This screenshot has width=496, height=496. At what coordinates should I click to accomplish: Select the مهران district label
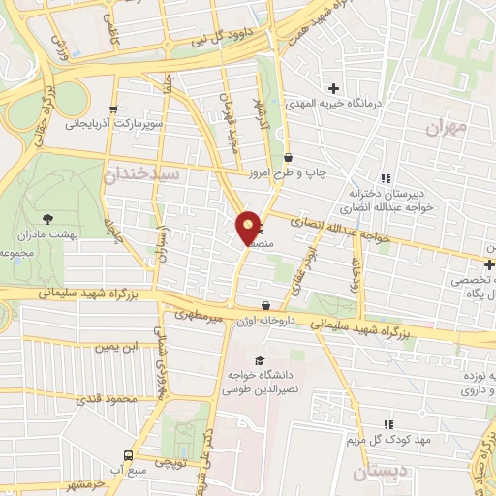point(448,127)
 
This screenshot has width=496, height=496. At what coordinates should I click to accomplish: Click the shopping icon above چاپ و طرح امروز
point(288,158)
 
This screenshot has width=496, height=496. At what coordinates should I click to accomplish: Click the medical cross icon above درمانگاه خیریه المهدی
point(335,89)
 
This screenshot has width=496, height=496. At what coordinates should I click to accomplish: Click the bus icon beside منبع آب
point(128,454)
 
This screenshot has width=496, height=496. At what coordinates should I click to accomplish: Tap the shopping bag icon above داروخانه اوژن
point(264,305)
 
